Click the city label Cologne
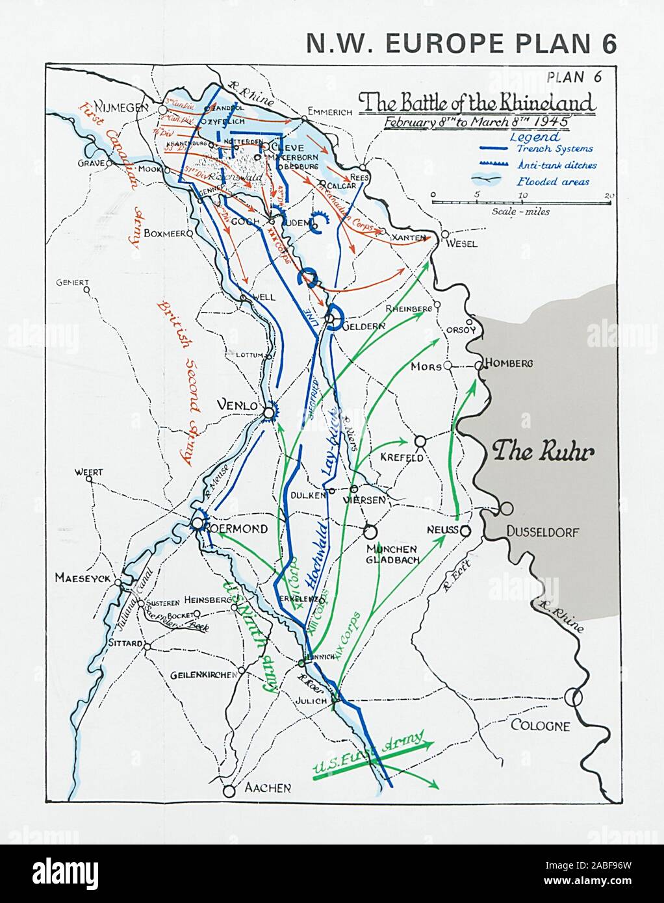pos(539,726)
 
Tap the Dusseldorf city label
pos(543,533)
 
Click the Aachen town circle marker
pos(228,791)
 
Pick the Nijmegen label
pos(121,107)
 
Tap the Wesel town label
pos(462,244)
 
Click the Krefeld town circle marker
pos(420,441)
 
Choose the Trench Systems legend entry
pos(554,149)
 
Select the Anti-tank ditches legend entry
pos(557,165)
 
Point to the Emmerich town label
pos(329,111)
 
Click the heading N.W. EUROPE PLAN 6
pos(461,43)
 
